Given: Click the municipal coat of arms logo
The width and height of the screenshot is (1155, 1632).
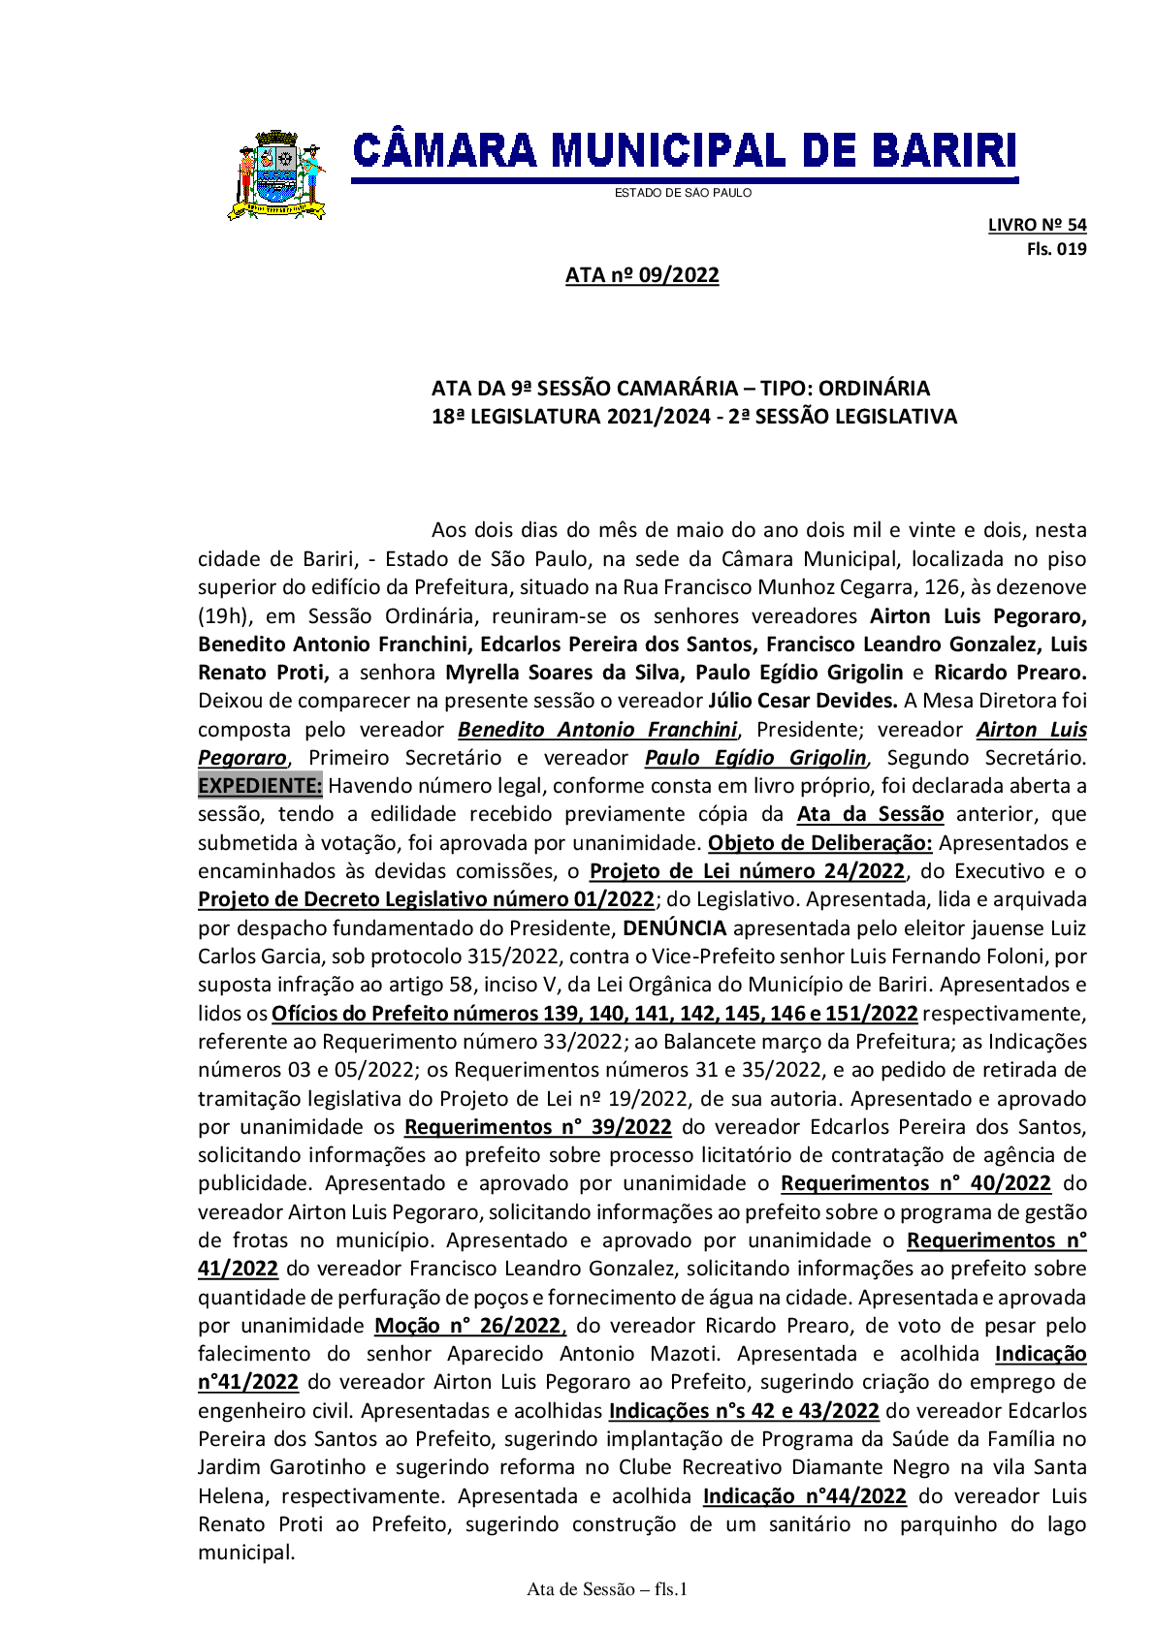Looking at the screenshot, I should [276, 175].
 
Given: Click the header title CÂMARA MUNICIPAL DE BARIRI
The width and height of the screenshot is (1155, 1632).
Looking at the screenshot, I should [685, 152].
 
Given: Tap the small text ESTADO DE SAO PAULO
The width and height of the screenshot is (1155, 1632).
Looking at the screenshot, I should [683, 193].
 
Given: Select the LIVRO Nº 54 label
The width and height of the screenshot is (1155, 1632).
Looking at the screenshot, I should [1037, 225].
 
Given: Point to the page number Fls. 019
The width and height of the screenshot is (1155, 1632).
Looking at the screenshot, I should [1056, 249].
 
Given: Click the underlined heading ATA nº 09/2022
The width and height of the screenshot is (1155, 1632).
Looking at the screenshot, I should [642, 275].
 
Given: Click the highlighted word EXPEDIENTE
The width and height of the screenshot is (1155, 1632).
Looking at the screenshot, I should [260, 786].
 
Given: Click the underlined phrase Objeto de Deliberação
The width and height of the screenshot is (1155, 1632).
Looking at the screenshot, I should [819, 843].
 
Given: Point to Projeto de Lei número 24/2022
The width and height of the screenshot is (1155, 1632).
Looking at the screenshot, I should [747, 871].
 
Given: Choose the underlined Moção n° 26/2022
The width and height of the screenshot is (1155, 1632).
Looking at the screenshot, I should [469, 1326].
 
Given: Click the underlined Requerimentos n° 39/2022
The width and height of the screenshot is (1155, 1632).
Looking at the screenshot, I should [537, 1127].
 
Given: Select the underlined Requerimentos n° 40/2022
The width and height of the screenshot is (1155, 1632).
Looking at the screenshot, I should [915, 1183].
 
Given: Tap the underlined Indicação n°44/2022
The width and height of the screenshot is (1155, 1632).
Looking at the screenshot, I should [804, 1496].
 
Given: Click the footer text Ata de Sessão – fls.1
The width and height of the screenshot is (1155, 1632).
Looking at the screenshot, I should [607, 1589].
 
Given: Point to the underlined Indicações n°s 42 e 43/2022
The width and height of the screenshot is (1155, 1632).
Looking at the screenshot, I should [743, 1411].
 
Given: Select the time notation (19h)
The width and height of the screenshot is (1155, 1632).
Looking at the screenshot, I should [223, 616].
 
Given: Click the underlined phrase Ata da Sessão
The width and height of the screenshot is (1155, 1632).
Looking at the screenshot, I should [870, 814].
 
